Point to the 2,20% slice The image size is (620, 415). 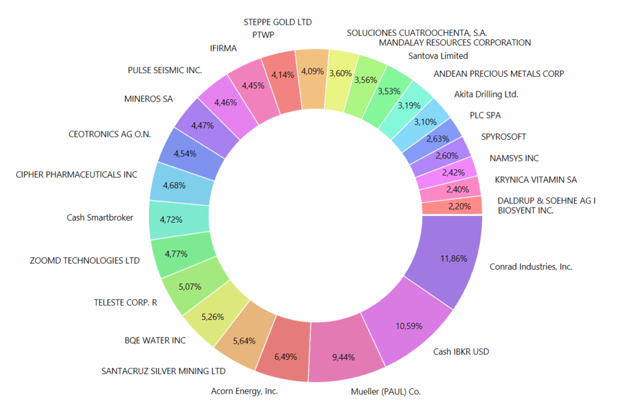[x=451, y=206]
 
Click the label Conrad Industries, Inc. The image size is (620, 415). [x=531, y=266]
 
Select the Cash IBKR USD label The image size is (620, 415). [x=461, y=351]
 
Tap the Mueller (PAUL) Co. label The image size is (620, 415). [x=386, y=391]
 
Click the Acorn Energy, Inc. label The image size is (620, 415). [x=245, y=391]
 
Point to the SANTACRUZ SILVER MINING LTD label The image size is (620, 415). [x=163, y=371]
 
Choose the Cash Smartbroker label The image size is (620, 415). [x=100, y=218]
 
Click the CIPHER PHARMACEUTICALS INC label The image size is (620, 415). [x=76, y=175]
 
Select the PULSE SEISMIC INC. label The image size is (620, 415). [x=165, y=70]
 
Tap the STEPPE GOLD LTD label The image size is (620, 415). [x=277, y=22]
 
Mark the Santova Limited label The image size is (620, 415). [x=438, y=56]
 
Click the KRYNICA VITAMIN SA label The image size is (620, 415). [x=536, y=180]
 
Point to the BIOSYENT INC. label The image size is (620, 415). [x=526, y=211]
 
